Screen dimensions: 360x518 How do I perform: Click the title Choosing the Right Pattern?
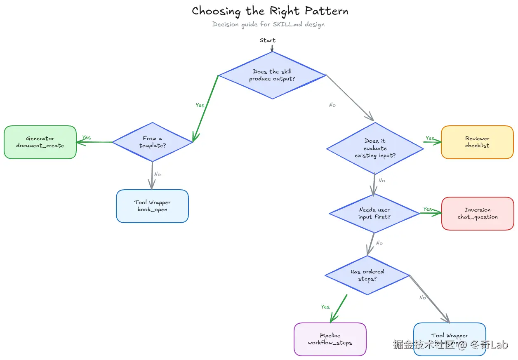[270, 11]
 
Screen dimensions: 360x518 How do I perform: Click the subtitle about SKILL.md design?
[268, 24]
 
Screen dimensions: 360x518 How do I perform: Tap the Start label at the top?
[268, 40]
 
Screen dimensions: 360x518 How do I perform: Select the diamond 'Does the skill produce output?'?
[272, 75]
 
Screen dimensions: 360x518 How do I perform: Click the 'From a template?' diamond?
[153, 142]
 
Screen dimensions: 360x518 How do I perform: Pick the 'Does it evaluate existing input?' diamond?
[375, 148]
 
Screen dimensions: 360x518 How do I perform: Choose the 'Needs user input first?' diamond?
[374, 213]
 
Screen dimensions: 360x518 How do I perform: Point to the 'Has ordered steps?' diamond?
[367, 275]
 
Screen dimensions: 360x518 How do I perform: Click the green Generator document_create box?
[40, 142]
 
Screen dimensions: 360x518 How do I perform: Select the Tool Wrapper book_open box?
[153, 206]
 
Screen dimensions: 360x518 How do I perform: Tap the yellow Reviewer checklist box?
[477, 142]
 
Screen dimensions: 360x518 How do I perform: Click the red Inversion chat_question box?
[478, 214]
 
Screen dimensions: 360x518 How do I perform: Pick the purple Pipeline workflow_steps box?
[330, 339]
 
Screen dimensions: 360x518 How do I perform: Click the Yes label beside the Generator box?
[87, 137]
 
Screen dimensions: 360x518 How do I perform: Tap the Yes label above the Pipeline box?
[325, 307]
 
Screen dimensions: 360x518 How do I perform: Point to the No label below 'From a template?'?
[158, 174]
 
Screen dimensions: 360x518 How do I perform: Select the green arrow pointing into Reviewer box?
[432, 142]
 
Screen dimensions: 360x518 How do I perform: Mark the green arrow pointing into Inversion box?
[431, 213]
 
